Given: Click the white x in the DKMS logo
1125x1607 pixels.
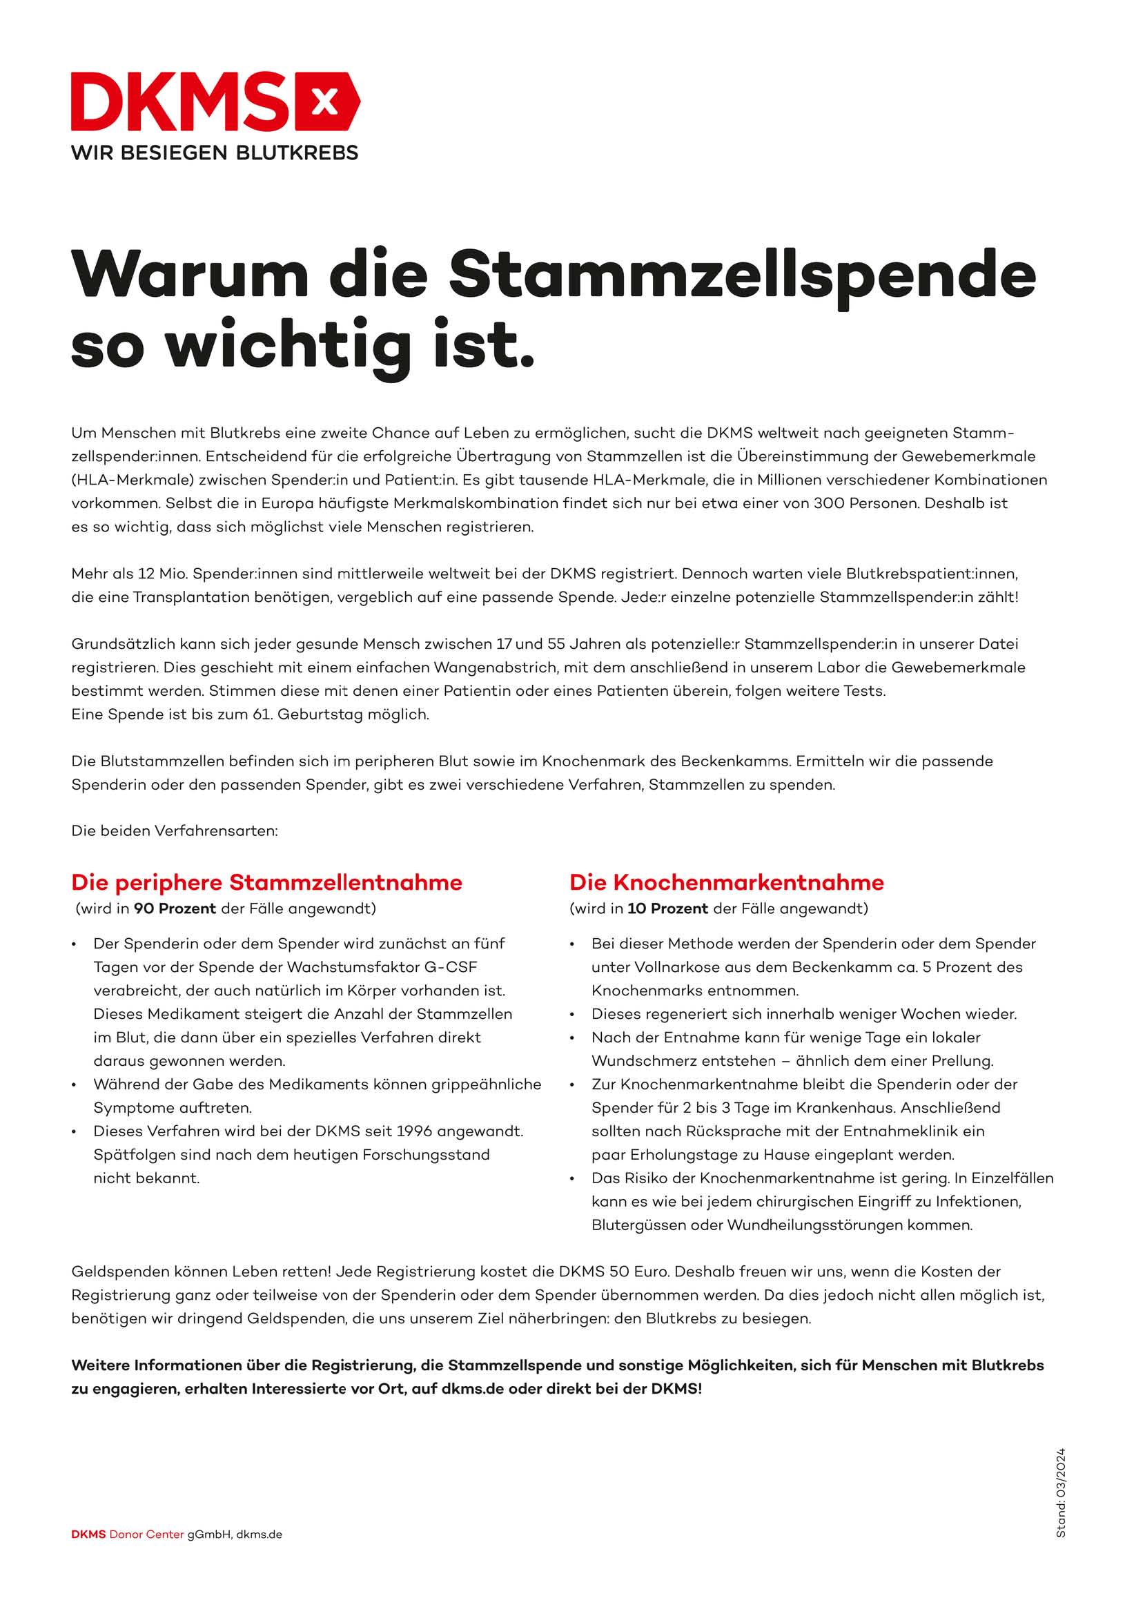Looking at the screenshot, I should [323, 103].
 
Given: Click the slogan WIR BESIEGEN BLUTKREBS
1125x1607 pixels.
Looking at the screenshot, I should [214, 153].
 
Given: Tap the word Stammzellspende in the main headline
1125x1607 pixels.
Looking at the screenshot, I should [742, 274].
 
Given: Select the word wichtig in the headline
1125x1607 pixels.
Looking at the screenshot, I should [288, 347].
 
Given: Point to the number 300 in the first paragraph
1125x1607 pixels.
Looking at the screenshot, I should [828, 503].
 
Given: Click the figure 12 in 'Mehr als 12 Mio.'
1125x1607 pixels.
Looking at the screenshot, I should [146, 574].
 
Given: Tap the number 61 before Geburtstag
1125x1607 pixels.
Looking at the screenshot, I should [262, 714].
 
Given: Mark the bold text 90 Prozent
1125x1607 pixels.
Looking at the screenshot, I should [175, 908].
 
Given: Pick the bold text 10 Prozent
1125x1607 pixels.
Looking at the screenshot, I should [667, 908].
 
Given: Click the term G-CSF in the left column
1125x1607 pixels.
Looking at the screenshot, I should [451, 967].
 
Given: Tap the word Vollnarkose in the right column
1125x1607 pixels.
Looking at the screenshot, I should [674, 967].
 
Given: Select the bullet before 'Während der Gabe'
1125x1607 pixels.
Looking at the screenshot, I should [74, 1085].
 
